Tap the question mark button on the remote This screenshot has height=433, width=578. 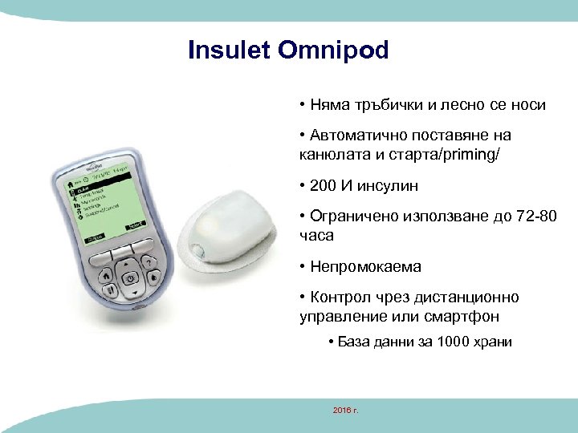[x=149, y=263]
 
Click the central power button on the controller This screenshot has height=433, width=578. [x=129, y=277]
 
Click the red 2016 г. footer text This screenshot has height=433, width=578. [x=345, y=411]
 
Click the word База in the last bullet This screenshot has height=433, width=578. [x=354, y=342]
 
